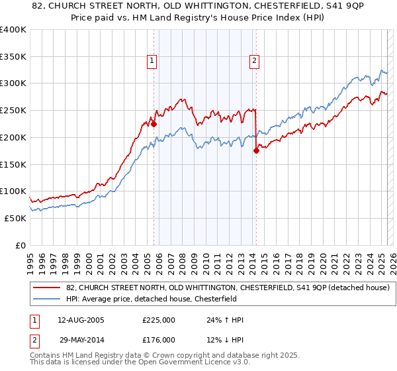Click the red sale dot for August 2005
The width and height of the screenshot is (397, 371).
154,123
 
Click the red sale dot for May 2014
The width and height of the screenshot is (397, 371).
257,150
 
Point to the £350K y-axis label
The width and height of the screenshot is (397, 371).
13,56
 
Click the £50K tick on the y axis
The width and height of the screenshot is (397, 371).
16,217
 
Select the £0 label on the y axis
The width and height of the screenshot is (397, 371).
21,244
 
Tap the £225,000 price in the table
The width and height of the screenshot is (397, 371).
158,320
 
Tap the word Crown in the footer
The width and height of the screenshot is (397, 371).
174,356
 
